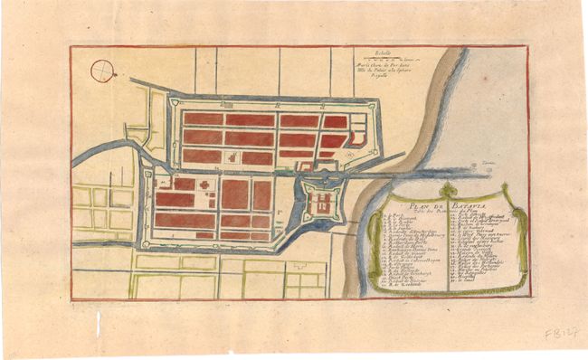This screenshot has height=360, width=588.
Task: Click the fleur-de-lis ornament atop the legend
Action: coord(448,189)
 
